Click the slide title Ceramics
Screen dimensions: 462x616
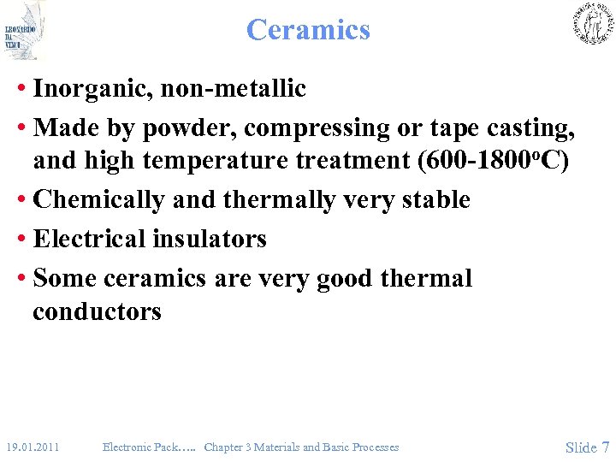(308, 30)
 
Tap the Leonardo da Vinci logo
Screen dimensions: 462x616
(23, 31)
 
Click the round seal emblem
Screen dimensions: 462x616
(592, 23)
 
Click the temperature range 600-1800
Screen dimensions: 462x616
(459, 161)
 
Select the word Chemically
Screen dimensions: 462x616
(98, 200)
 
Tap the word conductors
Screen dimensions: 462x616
(97, 311)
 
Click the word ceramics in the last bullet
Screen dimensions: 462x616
(154, 279)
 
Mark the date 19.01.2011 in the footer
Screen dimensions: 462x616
(32, 447)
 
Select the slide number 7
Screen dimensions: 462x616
(606, 447)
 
